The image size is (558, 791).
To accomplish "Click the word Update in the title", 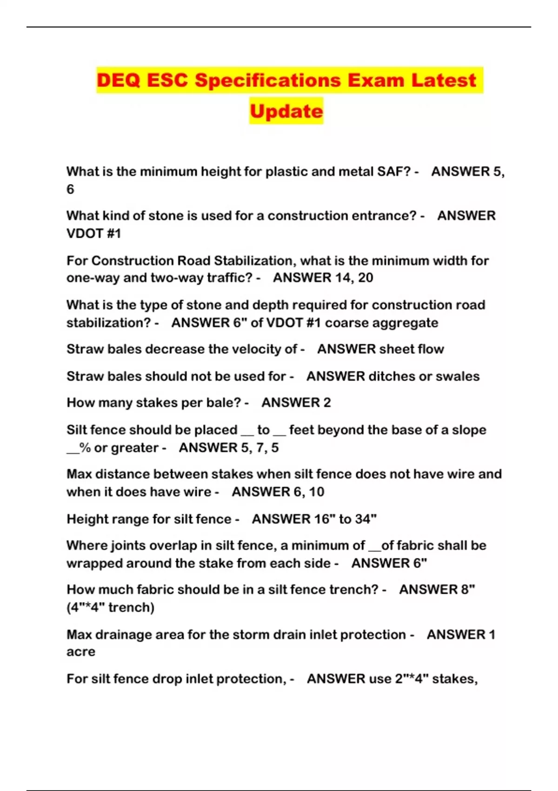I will pyautogui.click(x=286, y=111).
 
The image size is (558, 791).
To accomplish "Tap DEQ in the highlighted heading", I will pyautogui.click(x=119, y=80).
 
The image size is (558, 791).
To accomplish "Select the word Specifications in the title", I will pyautogui.click(x=268, y=80).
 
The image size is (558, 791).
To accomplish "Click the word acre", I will pyautogui.click(x=80, y=652).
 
